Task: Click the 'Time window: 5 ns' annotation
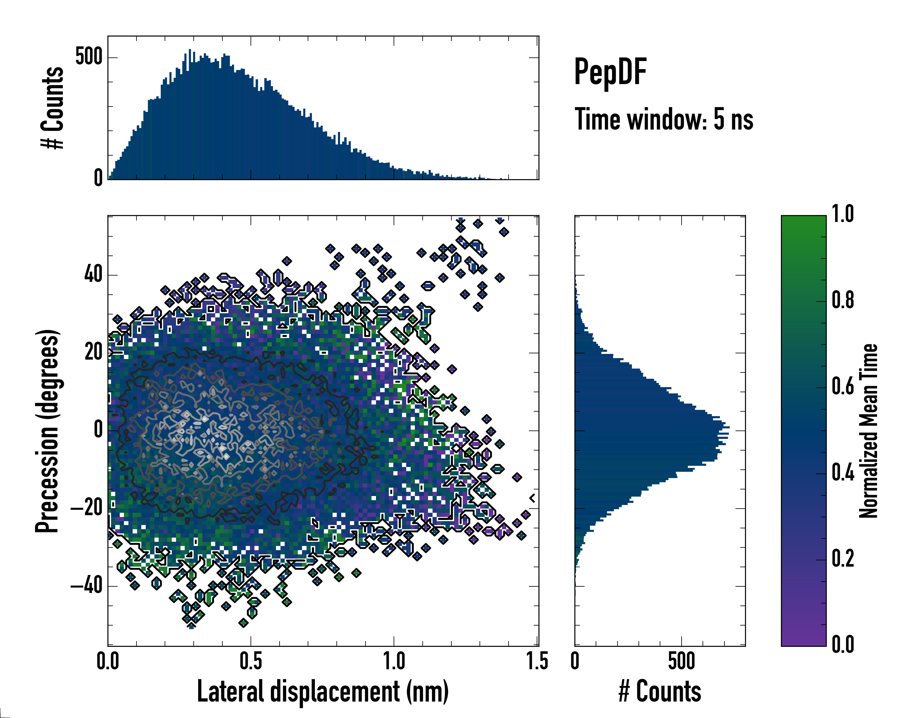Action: click(x=664, y=119)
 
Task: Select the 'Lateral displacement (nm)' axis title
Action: click(x=323, y=691)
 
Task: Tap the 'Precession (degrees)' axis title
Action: click(x=47, y=431)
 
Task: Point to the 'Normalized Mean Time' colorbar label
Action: click(x=868, y=431)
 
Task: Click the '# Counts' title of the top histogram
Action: click(x=52, y=108)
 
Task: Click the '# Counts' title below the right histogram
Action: click(x=660, y=691)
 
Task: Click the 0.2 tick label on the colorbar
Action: click(x=843, y=559)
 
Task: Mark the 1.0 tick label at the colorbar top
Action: click(x=843, y=215)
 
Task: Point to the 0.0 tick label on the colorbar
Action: click(x=843, y=645)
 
